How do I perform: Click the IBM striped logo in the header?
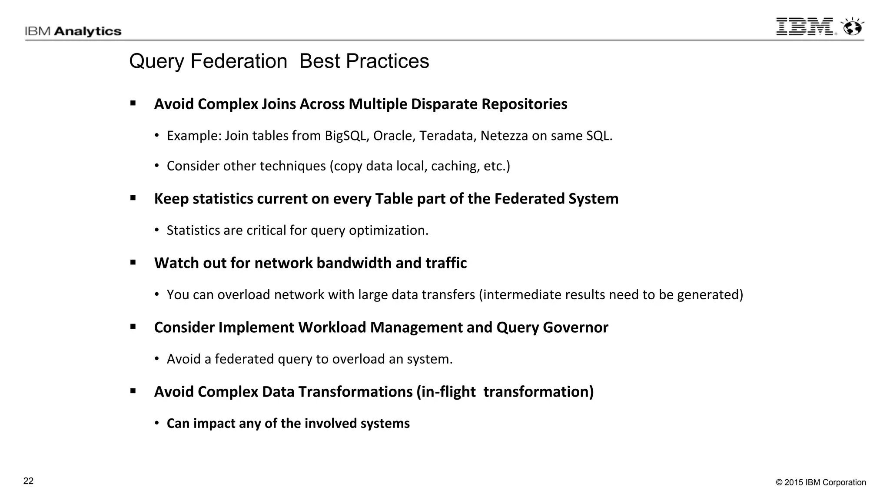(x=805, y=27)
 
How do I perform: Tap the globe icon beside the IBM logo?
(x=852, y=27)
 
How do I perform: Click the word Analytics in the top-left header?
(x=88, y=31)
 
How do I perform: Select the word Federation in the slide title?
(x=239, y=61)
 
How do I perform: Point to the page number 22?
(x=28, y=481)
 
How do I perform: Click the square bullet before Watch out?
(x=133, y=263)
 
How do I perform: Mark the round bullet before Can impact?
(x=157, y=424)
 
